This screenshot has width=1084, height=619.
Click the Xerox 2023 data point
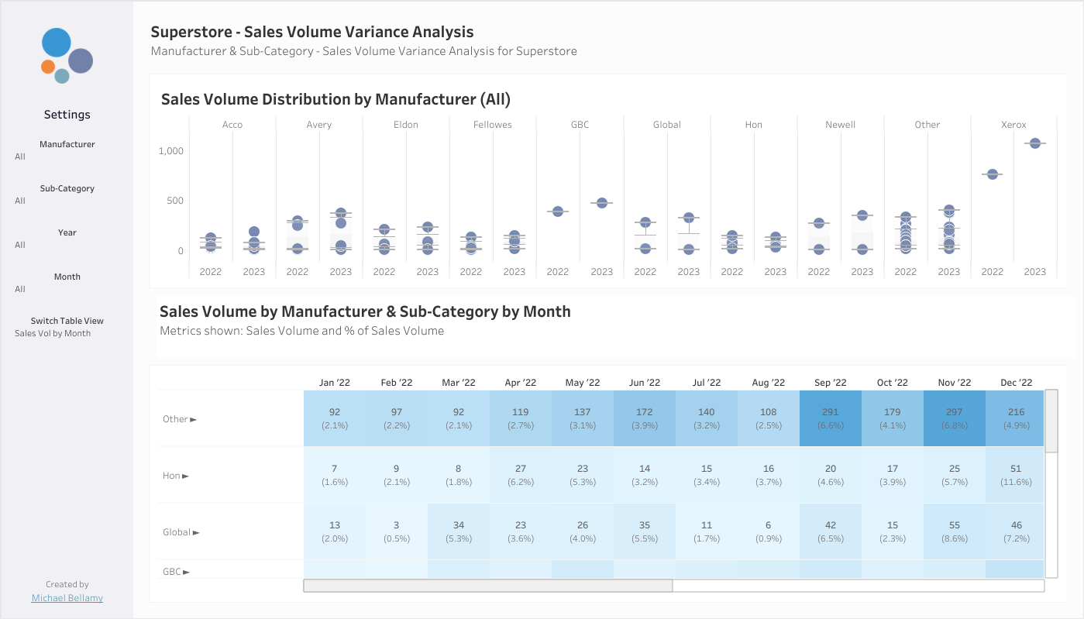1034,143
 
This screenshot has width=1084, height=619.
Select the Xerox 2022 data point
992,174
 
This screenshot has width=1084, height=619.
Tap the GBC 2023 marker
601,203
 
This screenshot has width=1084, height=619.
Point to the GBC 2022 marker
557,211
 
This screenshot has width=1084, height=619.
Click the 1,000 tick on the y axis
170,151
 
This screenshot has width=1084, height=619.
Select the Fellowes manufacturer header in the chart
492,125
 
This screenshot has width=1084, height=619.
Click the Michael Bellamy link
67,598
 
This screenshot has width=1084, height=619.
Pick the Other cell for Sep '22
831,418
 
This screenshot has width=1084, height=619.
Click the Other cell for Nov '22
955,418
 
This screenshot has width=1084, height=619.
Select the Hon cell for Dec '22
1015,475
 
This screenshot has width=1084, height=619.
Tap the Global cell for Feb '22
397,531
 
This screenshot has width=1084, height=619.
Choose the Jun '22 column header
644,383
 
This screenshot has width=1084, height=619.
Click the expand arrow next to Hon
185,476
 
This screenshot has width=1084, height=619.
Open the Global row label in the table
177,532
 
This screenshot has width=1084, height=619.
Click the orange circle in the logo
48,67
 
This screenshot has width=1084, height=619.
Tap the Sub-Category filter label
67,188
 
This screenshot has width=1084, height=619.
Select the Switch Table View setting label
67,321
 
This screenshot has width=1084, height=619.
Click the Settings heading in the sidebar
67,114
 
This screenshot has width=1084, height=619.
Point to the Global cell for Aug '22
769,531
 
